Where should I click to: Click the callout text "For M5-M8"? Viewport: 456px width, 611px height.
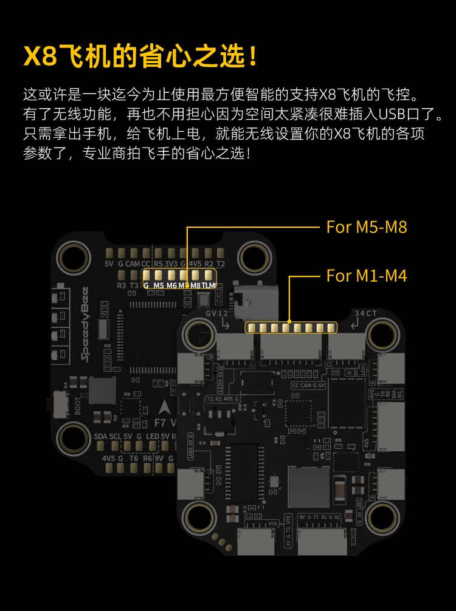367,227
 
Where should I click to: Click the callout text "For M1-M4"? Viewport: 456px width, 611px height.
367,276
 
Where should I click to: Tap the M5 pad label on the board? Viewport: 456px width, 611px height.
159,285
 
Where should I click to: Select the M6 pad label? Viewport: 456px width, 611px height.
172,285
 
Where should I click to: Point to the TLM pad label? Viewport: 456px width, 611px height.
209,285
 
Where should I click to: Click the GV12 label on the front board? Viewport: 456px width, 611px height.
216,313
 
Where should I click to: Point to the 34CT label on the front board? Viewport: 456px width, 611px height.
366,313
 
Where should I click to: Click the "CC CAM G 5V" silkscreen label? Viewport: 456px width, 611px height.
309,385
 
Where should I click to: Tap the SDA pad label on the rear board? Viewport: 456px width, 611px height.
100,436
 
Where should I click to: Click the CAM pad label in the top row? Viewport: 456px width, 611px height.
133,264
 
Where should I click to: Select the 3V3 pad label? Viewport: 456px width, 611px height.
171,264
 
